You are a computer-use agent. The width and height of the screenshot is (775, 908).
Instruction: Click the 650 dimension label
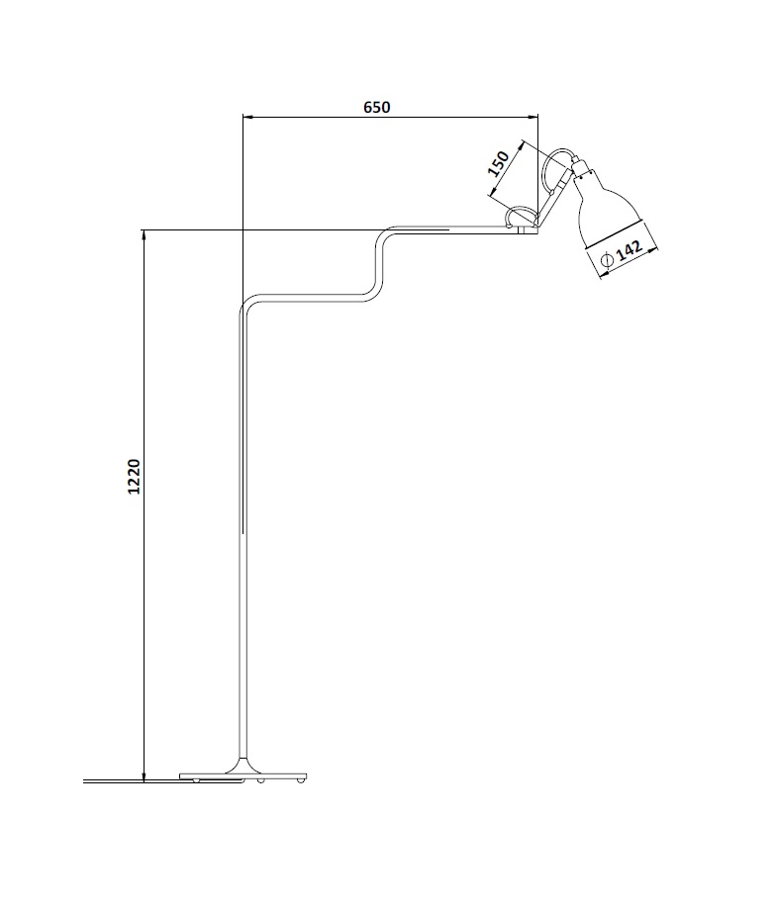pyautogui.click(x=377, y=107)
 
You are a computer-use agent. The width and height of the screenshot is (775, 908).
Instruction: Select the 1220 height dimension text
pyautogui.click(x=134, y=477)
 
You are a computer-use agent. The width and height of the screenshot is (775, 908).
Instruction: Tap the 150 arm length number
pyautogui.click(x=498, y=163)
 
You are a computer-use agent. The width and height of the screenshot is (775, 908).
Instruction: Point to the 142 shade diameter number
pyautogui.click(x=630, y=251)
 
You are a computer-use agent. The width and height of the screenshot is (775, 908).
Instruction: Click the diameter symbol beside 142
pyautogui.click(x=607, y=259)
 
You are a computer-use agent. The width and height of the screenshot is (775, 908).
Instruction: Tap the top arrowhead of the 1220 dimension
pyautogui.click(x=144, y=235)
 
